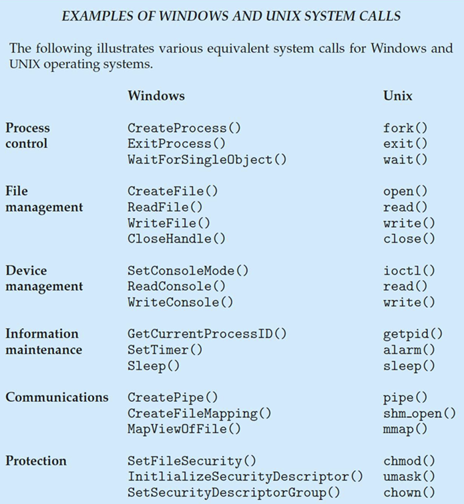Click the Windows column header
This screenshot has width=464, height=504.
pyautogui.click(x=156, y=96)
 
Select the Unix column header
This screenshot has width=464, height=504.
pyautogui.click(x=398, y=96)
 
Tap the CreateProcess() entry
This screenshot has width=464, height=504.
pyautogui.click(x=176, y=128)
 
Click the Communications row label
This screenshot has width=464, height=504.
pyautogui.click(x=57, y=397)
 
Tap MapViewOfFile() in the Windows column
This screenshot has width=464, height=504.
pyautogui.click(x=184, y=429)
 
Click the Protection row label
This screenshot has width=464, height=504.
pyautogui.click(x=36, y=461)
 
